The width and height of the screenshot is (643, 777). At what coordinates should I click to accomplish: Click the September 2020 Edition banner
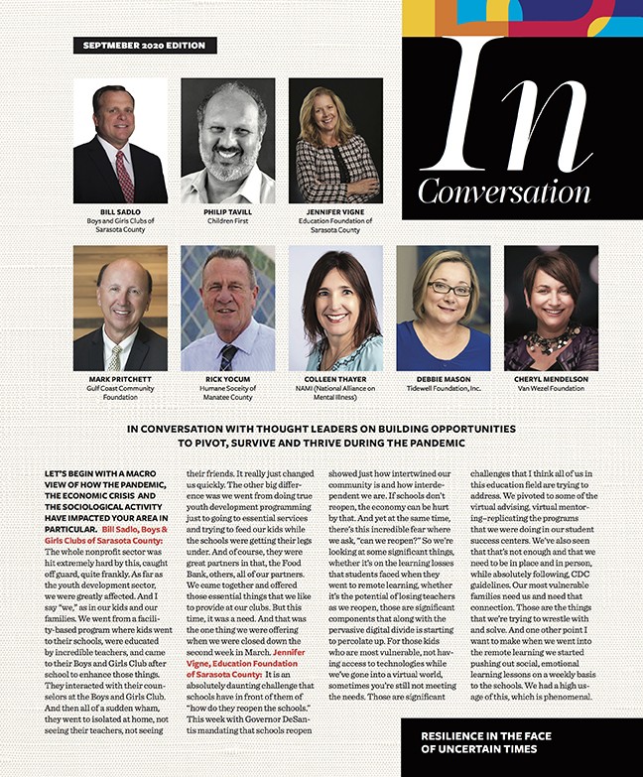click(145, 46)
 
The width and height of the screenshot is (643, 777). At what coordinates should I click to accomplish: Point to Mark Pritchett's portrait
click(120, 308)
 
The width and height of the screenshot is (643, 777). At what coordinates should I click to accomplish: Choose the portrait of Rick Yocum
click(228, 308)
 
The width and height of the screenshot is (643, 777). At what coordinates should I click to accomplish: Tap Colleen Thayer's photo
click(335, 308)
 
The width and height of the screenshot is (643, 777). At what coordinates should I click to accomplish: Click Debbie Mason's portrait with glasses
click(444, 308)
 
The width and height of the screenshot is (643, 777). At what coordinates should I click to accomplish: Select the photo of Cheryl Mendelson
click(551, 308)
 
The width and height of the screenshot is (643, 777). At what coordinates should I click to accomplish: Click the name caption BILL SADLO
click(121, 212)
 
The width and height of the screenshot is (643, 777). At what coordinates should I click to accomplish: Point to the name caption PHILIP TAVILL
click(228, 212)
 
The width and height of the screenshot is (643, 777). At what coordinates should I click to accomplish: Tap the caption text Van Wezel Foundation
click(552, 388)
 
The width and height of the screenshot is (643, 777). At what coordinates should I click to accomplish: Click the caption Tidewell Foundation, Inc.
click(444, 388)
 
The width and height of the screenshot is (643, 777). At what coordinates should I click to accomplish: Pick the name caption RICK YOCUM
click(228, 379)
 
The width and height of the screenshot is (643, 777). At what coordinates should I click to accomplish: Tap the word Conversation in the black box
click(504, 190)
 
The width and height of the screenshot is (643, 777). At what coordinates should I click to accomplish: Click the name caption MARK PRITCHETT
click(120, 379)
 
